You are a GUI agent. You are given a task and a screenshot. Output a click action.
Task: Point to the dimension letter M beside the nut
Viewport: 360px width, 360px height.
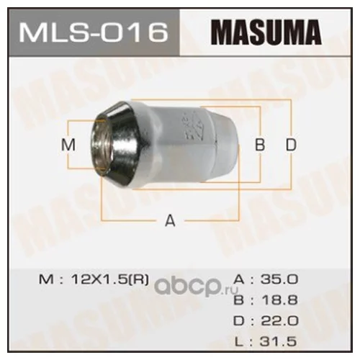click(x=68, y=145)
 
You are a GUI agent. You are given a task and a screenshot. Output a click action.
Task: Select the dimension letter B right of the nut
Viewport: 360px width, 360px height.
click(x=260, y=145)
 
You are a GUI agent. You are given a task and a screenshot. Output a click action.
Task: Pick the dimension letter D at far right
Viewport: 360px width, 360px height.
click(x=291, y=145)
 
